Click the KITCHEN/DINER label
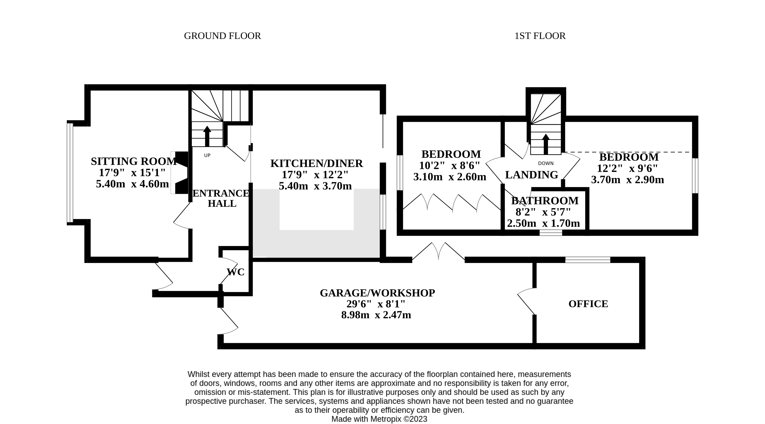[317, 164]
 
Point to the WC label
[236, 272]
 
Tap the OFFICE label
[588, 304]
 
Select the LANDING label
[532, 175]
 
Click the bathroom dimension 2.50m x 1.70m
[543, 223]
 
